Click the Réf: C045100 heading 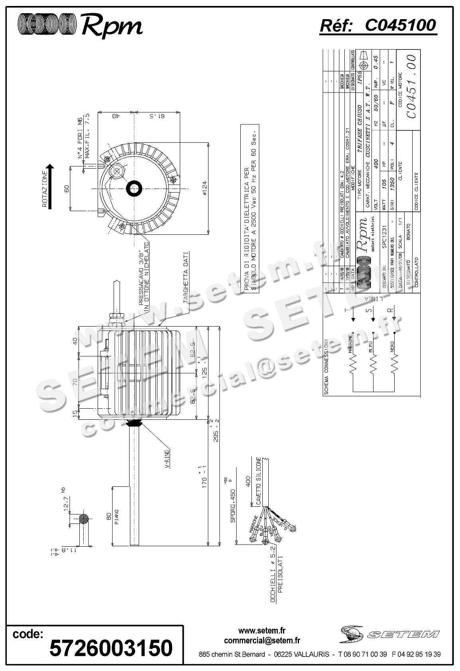(x=378, y=25)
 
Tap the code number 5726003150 (x=111, y=647)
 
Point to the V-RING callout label (x=168, y=459)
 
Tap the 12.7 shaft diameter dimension (x=67, y=501)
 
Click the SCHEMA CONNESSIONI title (x=326, y=367)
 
